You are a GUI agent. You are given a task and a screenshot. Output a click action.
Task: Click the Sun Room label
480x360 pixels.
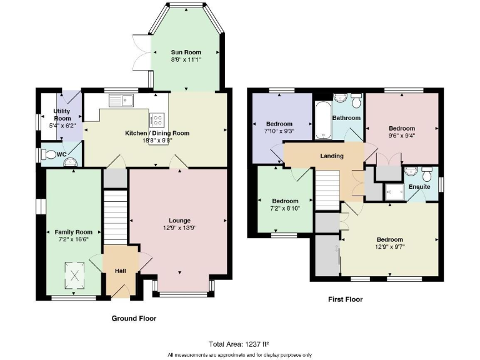point(186,52)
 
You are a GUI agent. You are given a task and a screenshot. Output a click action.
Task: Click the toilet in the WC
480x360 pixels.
point(47,154)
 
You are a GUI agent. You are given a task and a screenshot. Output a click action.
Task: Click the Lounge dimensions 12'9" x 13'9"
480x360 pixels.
point(179,227)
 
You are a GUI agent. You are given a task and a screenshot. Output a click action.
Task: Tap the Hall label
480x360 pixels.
point(121,271)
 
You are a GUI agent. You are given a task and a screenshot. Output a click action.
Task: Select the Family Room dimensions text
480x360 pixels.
point(73,239)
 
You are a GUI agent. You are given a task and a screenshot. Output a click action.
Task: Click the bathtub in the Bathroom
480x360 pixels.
point(322,119)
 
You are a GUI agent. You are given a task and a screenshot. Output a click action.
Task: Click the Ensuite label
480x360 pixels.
point(419,186)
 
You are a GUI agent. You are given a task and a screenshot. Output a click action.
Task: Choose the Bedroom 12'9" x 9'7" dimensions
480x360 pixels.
point(389,247)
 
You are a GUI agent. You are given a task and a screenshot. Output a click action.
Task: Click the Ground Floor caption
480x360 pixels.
point(134,318)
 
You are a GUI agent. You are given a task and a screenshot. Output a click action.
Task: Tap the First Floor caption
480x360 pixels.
point(346,299)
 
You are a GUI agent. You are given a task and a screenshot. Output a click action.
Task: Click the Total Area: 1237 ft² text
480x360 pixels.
point(240,344)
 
